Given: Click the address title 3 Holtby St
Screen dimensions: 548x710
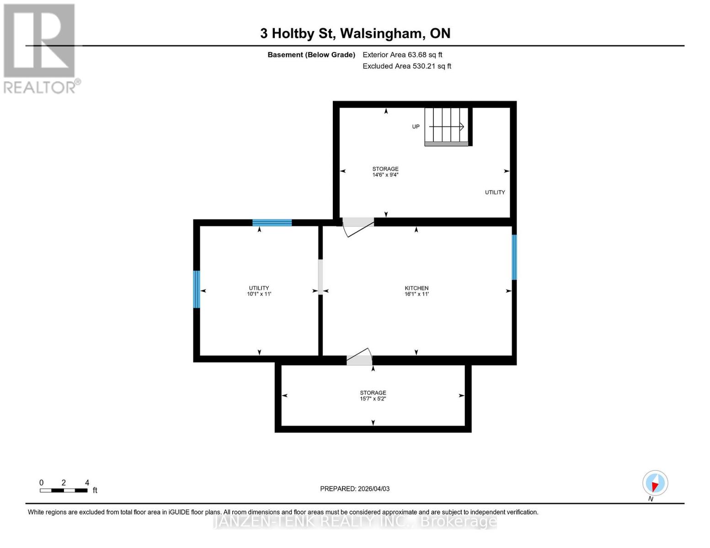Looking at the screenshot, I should point(355,33).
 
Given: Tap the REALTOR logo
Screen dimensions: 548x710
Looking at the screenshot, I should point(40,48).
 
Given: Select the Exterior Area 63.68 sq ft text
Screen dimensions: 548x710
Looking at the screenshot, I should point(402,55).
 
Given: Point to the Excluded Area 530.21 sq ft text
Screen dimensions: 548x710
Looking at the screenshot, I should point(407,66).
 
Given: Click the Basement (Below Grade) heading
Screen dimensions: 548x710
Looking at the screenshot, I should point(311,55).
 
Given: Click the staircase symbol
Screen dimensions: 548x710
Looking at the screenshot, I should point(446,126).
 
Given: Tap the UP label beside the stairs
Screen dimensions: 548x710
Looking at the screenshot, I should point(416,127).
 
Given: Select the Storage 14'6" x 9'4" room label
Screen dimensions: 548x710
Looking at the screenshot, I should point(385,172).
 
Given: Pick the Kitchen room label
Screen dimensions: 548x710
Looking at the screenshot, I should point(416,291).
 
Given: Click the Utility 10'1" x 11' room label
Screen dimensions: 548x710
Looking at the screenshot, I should point(259,291).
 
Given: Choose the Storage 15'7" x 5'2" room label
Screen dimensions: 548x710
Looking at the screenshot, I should point(373,395).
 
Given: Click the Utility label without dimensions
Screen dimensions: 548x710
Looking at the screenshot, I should point(495,193).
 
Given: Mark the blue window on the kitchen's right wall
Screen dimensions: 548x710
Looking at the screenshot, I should point(514,257).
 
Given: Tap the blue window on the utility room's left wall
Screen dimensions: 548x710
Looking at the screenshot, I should point(197,289).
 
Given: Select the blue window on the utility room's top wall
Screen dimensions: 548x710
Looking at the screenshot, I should point(272,223).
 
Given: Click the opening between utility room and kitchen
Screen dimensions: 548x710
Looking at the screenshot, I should point(320,277).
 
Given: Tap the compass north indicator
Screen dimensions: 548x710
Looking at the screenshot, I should point(655,483).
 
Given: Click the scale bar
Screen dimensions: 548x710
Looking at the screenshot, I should point(64,490).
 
